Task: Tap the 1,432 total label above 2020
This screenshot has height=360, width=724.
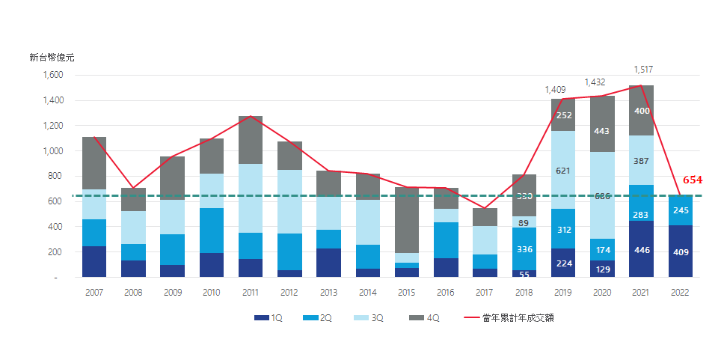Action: [595, 82]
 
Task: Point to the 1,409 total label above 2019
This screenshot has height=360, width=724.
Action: [556, 90]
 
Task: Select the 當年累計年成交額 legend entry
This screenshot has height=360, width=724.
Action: [509, 318]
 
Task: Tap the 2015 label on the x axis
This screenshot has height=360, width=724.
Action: [407, 293]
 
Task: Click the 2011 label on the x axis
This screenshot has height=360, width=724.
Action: [251, 293]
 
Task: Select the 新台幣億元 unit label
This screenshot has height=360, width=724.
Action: [52, 57]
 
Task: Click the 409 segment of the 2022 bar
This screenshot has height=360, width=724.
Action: [681, 251]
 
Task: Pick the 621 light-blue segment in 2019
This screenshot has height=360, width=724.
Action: [563, 170]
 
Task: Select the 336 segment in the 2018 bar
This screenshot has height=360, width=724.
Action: [524, 249]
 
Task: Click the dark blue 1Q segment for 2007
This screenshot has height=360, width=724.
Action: [94, 261]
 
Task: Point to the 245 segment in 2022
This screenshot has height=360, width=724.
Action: [681, 210]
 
